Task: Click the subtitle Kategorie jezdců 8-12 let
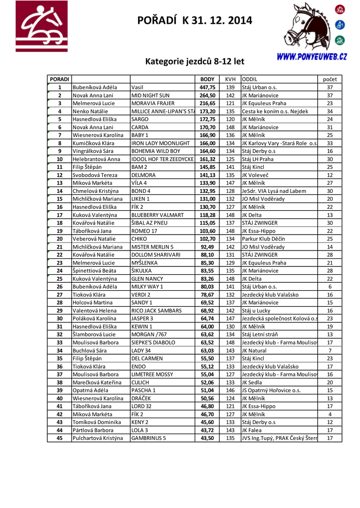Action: point(195,62)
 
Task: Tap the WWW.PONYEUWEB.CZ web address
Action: point(311,57)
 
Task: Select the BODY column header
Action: point(207,79)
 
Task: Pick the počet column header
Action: point(330,79)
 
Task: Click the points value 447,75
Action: point(207,87)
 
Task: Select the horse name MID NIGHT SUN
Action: point(150,95)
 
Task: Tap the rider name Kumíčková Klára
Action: point(94,143)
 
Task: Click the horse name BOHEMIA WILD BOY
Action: point(156,151)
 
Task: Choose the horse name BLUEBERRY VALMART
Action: point(157,215)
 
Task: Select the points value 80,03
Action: point(207,287)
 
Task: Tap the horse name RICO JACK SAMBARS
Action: point(156,311)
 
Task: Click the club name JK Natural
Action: point(254,351)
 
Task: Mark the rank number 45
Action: point(60,439)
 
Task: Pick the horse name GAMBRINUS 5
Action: point(148,439)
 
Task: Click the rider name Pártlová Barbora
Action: point(93,431)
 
